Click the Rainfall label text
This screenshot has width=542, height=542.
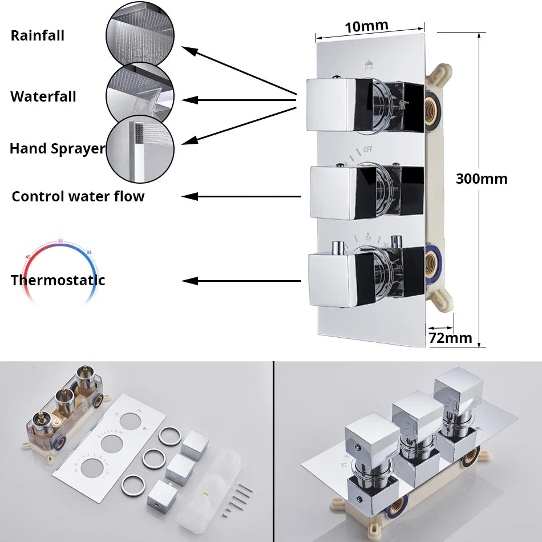(38, 36)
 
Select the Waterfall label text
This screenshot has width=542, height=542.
(43, 96)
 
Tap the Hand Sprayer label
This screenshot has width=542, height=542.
(57, 149)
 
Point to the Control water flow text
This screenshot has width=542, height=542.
(78, 197)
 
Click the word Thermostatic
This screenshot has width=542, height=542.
(58, 280)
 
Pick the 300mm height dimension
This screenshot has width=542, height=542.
(481, 179)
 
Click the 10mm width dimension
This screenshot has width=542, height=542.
(366, 26)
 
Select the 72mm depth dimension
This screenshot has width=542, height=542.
(450, 338)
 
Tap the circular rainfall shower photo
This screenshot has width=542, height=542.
(140, 34)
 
